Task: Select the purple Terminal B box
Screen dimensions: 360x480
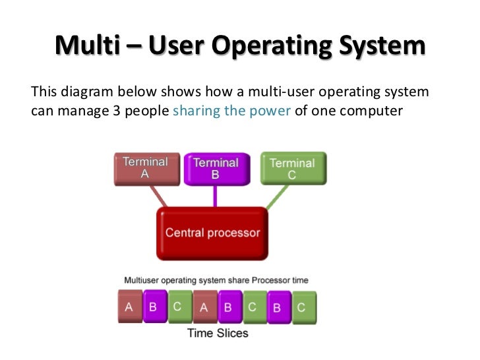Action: [216, 169]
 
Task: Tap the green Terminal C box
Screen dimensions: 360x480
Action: [292, 169]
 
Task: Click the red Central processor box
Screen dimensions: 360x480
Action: [212, 233]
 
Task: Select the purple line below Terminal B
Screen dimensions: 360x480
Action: [215, 196]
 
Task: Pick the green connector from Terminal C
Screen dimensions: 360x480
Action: [277, 196]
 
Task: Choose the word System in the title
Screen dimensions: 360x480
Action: [382, 46]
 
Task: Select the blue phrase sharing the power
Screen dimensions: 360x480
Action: [231, 110]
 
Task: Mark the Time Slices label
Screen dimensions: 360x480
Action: [218, 333]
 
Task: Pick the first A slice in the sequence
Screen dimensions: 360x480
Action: [129, 307]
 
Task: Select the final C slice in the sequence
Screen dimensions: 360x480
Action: [301, 307]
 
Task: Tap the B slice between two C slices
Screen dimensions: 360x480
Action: [277, 307]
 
